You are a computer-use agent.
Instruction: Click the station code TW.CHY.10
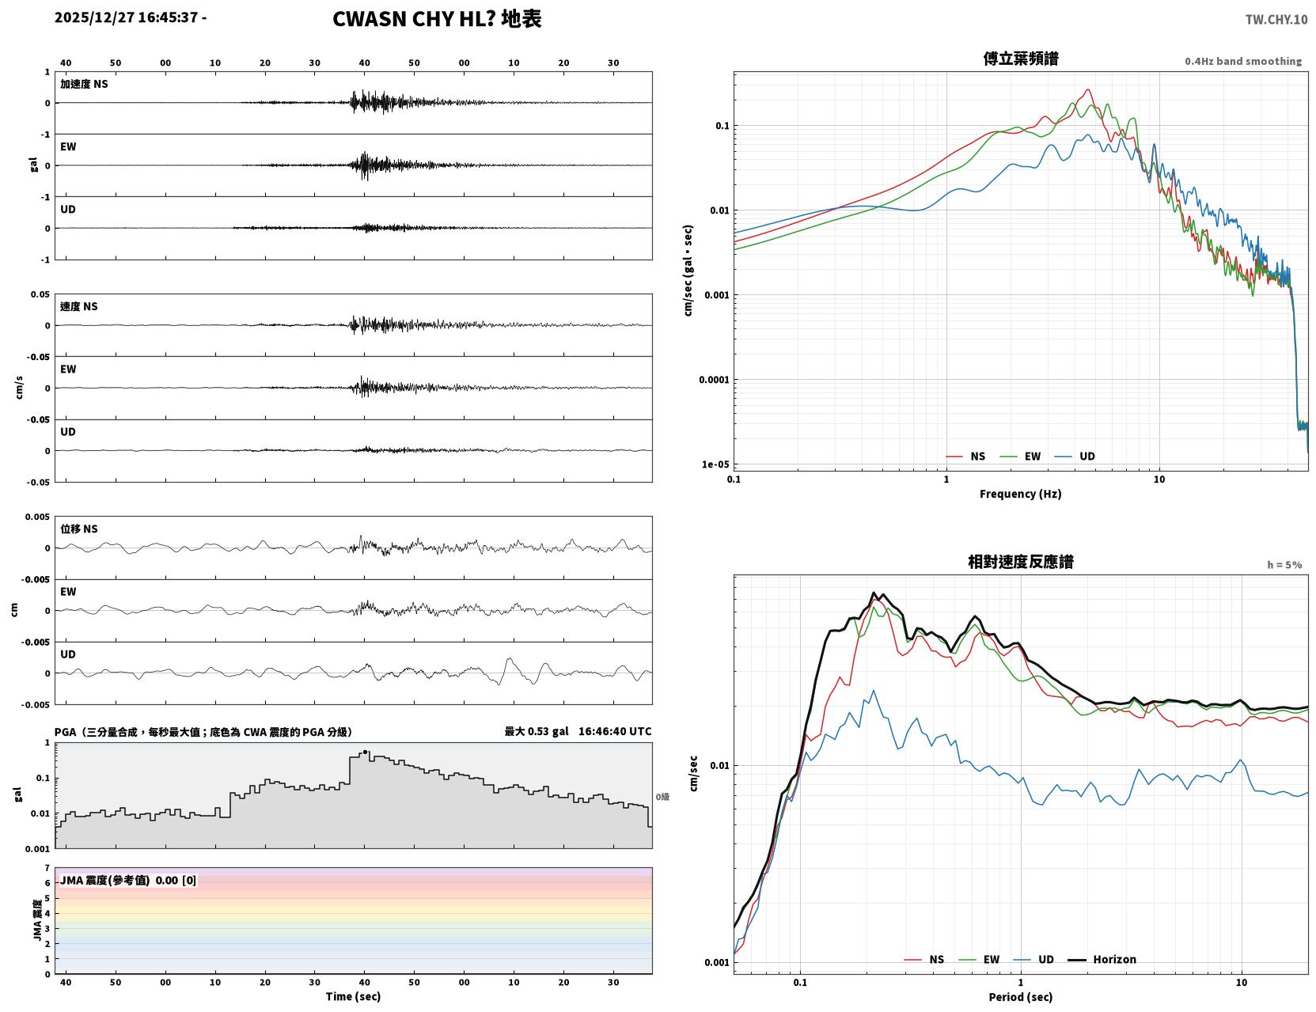pyautogui.click(x=1276, y=19)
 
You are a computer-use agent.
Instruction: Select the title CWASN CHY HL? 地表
pyautogui.click(x=437, y=19)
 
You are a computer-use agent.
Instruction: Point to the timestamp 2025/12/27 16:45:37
pyautogui.click(x=126, y=17)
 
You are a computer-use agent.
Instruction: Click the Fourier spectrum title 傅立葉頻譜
pyautogui.click(x=1021, y=59)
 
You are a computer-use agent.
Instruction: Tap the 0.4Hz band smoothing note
pyautogui.click(x=1242, y=61)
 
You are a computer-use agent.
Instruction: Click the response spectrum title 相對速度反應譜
pyautogui.click(x=1021, y=562)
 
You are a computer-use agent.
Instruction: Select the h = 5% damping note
pyautogui.click(x=1284, y=565)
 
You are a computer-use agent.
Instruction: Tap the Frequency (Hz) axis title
pyautogui.click(x=1021, y=494)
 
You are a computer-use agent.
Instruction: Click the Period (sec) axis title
pyautogui.click(x=1021, y=997)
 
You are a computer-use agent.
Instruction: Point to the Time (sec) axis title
pyautogui.click(x=353, y=996)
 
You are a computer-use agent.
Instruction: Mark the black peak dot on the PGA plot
pyautogui.click(x=365, y=752)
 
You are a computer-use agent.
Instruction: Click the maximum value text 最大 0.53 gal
pyautogui.click(x=537, y=731)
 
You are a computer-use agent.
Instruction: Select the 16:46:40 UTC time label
pyautogui.click(x=615, y=731)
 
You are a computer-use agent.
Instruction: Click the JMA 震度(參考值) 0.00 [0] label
pyautogui.click(x=127, y=880)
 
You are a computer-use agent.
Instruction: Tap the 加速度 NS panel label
pyautogui.click(x=84, y=84)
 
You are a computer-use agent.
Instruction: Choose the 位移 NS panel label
pyautogui.click(x=78, y=529)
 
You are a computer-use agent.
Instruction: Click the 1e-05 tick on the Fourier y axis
pyautogui.click(x=715, y=464)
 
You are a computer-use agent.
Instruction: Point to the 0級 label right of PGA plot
pyautogui.click(x=662, y=797)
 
